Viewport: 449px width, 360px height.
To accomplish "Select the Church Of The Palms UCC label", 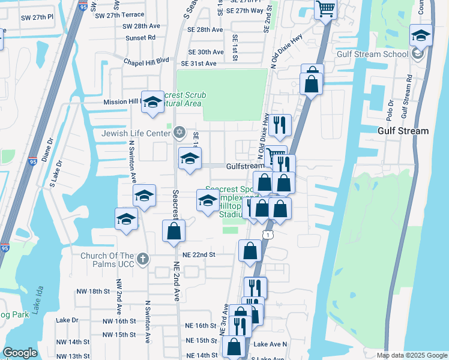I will (x=101, y=259).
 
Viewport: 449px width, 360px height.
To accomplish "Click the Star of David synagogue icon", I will (x=178, y=133).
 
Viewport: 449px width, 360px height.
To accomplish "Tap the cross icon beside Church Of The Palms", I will (x=142, y=259).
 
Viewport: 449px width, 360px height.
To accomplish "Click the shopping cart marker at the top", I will (x=325, y=8).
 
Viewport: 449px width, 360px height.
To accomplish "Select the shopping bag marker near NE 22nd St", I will (x=250, y=250).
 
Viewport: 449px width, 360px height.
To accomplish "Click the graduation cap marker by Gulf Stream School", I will (x=421, y=35).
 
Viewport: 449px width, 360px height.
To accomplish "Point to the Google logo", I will (x=20, y=353).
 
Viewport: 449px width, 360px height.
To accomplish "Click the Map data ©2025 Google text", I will (x=412, y=355).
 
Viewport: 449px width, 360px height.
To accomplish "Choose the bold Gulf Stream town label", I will (x=403, y=131).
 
